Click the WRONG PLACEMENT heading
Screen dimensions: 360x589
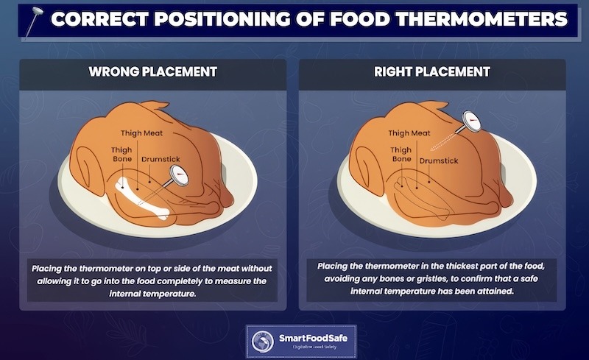152,72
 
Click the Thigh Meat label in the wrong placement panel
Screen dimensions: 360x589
142,133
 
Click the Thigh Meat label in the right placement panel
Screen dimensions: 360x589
409,133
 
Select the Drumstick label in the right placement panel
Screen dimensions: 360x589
439,160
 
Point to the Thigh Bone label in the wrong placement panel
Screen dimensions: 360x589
121,154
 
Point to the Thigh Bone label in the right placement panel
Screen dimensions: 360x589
401,154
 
